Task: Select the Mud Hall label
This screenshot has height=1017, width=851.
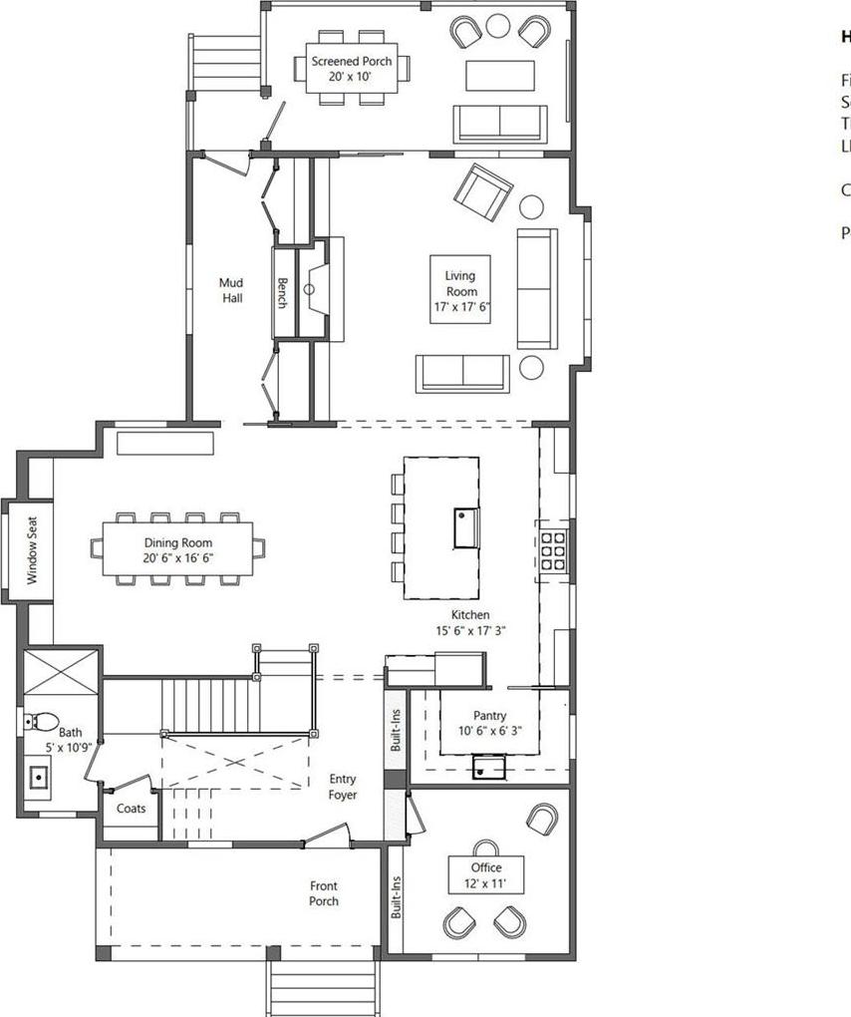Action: [x=231, y=290]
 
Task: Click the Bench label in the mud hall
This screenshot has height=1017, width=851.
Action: [x=283, y=292]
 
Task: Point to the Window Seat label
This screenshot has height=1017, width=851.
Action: [x=32, y=549]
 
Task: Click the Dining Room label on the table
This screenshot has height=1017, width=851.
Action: [x=178, y=543]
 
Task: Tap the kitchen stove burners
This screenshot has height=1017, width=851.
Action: [x=553, y=550]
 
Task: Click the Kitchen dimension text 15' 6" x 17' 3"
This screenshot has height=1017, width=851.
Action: [x=470, y=630]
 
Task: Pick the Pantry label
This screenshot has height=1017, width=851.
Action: [x=489, y=716]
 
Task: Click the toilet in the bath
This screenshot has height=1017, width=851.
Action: [x=39, y=720]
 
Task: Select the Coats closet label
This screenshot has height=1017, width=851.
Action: [x=132, y=808]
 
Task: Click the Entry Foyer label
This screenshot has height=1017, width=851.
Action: [x=343, y=787]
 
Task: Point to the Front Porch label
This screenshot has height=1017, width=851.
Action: [x=323, y=893]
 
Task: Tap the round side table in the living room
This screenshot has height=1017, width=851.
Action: [x=532, y=206]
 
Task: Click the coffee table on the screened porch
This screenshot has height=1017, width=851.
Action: [x=500, y=76]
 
